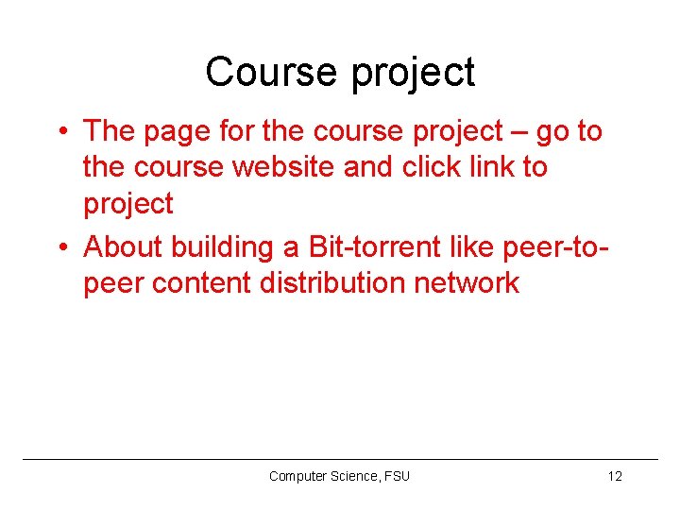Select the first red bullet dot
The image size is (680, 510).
pos(60,131)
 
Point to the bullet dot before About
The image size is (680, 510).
pos(60,247)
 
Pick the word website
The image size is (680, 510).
pos(278,167)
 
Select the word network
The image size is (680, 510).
pos(468,282)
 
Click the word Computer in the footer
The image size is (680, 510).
pos(297,476)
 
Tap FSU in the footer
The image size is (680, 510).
pos(397,476)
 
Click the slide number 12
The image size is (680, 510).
pos(615,476)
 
